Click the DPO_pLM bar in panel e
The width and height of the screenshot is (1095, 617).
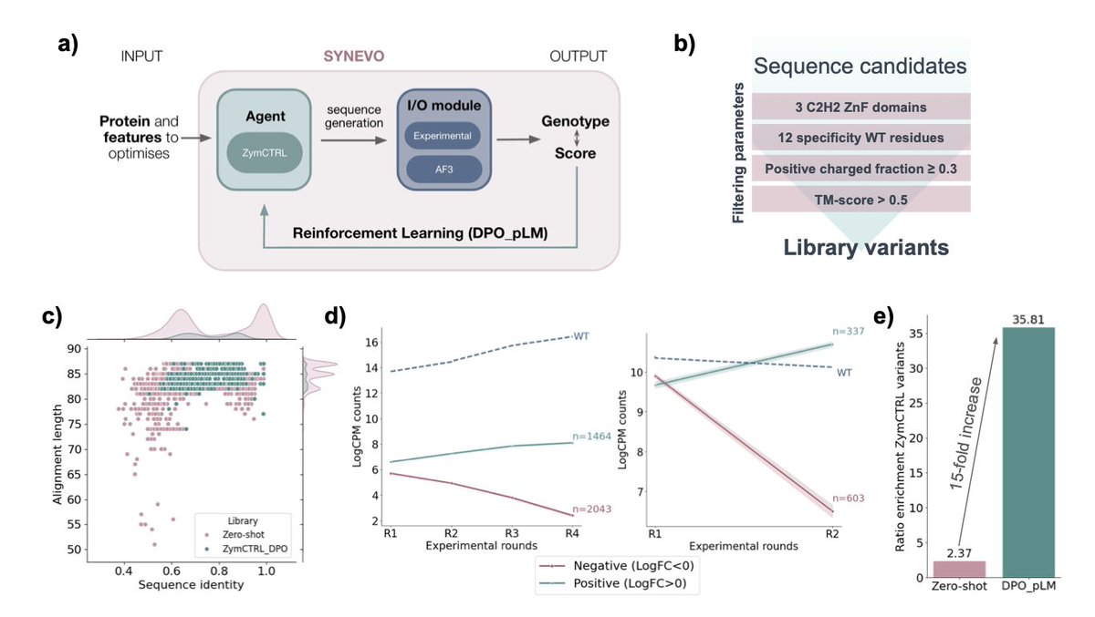coord(1028,452)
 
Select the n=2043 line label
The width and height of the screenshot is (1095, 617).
coord(591,509)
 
